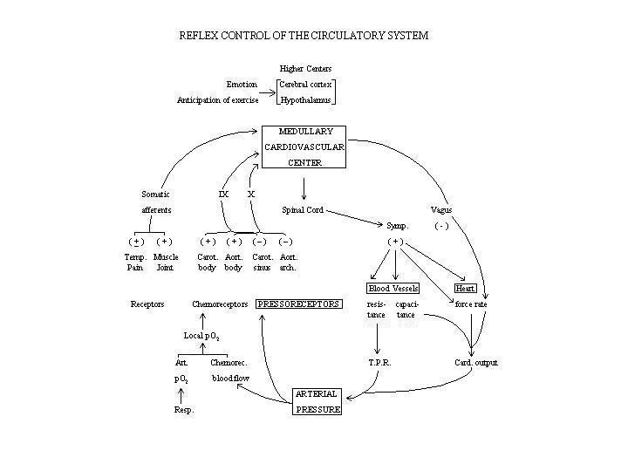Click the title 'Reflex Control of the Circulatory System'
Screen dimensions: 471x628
point(304,36)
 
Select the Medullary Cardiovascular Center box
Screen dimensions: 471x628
point(304,147)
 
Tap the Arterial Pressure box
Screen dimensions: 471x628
point(317,401)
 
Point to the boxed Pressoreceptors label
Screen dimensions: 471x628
point(298,304)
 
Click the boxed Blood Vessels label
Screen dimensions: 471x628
point(392,288)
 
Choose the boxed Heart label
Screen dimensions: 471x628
point(466,288)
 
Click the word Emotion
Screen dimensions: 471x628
point(242,85)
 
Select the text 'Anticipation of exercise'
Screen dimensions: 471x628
point(217,100)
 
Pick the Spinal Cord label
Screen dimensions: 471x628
point(303,209)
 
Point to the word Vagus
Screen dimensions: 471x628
point(441,209)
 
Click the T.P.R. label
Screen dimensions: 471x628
point(379,362)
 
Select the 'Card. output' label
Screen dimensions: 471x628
point(475,362)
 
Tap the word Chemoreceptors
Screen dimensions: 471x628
point(220,304)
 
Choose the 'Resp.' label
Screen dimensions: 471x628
point(182,408)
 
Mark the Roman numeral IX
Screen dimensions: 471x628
point(223,194)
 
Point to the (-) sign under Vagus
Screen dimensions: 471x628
point(441,226)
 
